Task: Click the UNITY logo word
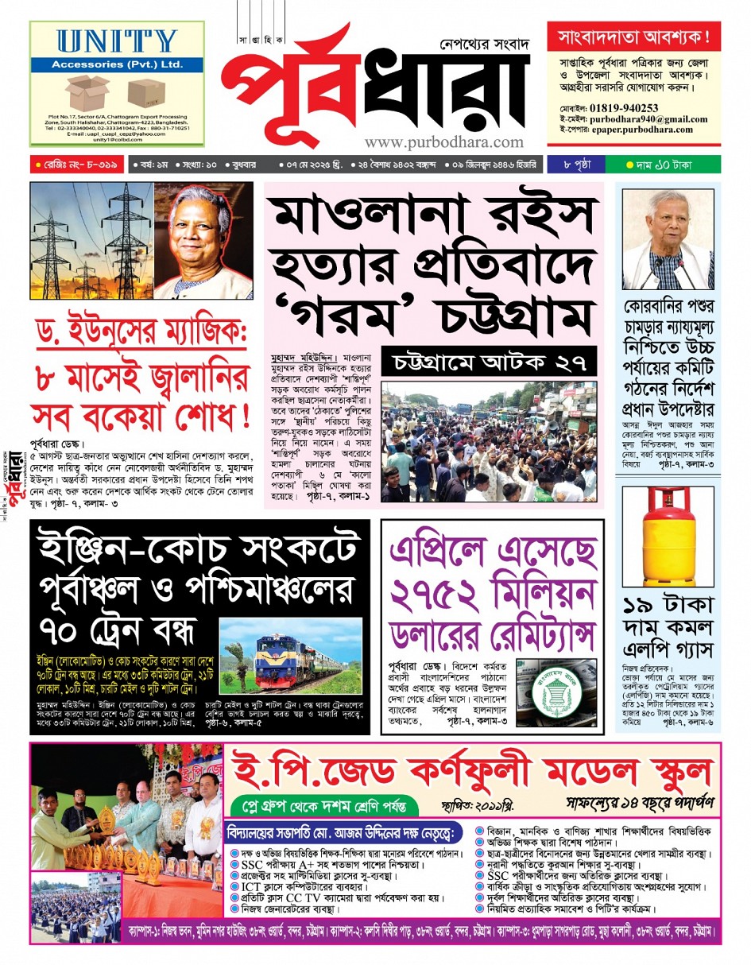[117, 41]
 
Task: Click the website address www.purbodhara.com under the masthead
[444, 142]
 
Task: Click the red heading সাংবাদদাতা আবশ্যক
[633, 37]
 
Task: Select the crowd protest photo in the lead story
[489, 442]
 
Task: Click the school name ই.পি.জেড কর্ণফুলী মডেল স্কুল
[472, 769]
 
